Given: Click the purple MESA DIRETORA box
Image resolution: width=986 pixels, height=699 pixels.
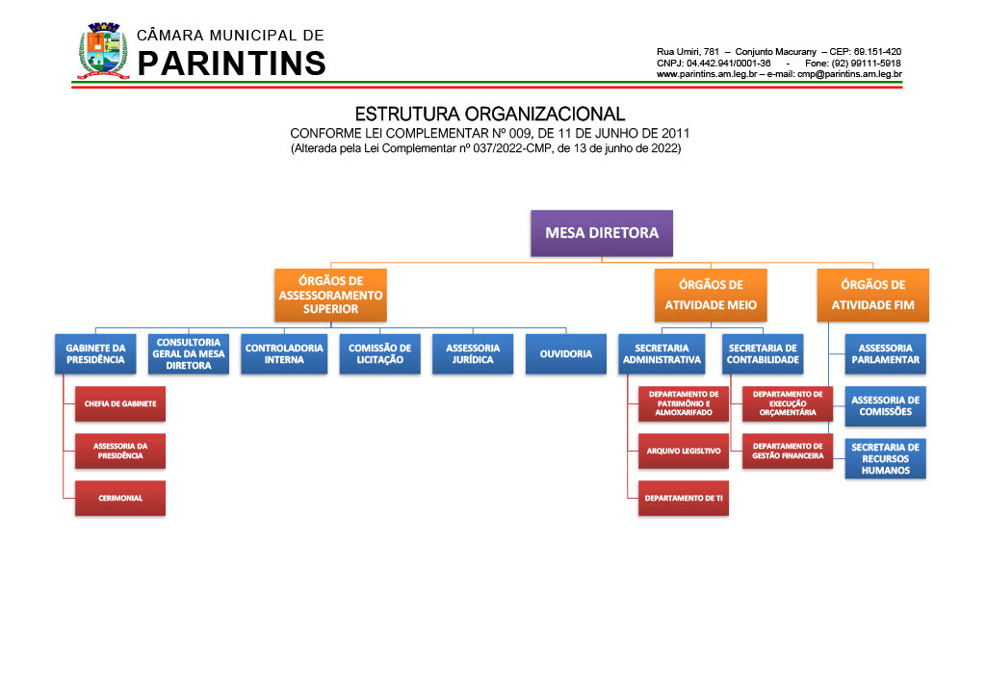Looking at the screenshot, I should (x=602, y=233).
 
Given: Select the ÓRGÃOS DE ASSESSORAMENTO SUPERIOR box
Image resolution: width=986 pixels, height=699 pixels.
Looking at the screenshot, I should (x=330, y=296).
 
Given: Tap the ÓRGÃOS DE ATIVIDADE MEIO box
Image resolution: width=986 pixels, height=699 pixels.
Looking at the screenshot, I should (x=711, y=296).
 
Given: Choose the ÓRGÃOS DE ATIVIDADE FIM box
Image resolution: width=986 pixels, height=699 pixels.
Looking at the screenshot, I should (x=872, y=296).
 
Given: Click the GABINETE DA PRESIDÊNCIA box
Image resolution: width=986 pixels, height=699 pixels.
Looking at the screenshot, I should (x=95, y=353).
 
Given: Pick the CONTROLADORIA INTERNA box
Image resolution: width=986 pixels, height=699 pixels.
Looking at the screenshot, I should (x=284, y=353).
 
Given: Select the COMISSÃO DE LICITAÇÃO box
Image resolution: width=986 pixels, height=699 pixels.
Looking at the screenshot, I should (x=379, y=353).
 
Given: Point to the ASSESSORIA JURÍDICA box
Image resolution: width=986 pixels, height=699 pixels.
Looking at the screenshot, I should (x=473, y=353).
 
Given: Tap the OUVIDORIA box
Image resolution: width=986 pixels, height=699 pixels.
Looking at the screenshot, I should (x=566, y=353).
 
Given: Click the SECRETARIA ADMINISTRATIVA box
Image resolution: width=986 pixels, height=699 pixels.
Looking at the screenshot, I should (x=662, y=353).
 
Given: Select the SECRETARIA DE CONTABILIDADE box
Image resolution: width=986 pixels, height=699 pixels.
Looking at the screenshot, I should (x=764, y=353).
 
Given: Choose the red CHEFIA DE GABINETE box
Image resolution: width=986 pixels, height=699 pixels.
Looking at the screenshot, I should (x=120, y=403).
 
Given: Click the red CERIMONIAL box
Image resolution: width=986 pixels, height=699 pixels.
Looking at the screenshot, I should (x=120, y=498).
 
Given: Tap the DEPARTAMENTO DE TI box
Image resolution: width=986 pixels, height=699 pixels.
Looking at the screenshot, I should (x=684, y=498).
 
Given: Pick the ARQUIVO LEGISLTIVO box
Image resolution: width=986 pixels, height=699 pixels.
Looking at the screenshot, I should (x=684, y=451).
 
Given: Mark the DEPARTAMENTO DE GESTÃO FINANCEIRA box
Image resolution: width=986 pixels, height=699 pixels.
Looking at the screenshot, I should (x=788, y=451).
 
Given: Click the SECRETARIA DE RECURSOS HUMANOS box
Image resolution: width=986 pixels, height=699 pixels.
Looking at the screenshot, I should (x=886, y=458).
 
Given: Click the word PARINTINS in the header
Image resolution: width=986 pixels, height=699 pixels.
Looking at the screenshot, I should (x=232, y=64).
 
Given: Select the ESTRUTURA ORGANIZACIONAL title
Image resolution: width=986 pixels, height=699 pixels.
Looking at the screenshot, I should (x=490, y=114).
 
